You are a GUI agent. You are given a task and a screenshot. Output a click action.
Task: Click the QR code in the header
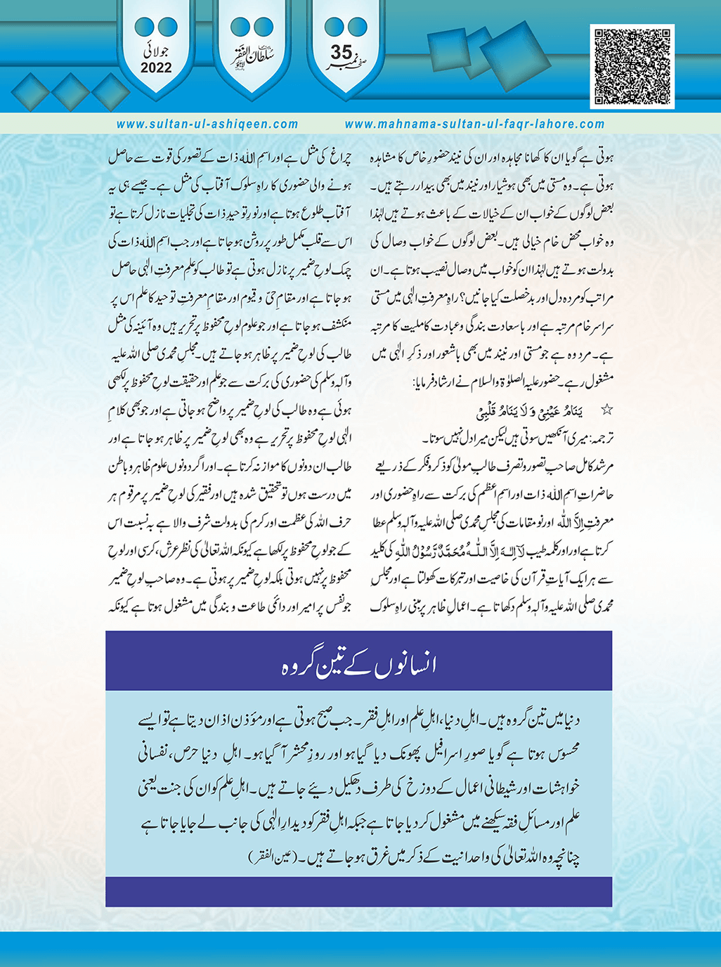633,66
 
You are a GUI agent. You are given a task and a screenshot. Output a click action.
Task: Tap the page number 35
342,53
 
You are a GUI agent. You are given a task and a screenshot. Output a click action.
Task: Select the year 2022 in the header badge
156,68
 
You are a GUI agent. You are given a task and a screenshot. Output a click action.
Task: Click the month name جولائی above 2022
157,52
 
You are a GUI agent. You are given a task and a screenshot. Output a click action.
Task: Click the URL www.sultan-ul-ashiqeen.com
207,124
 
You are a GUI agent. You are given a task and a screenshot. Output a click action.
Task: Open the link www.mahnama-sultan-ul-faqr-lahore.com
474,124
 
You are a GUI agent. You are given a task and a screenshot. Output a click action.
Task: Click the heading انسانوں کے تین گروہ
359,664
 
